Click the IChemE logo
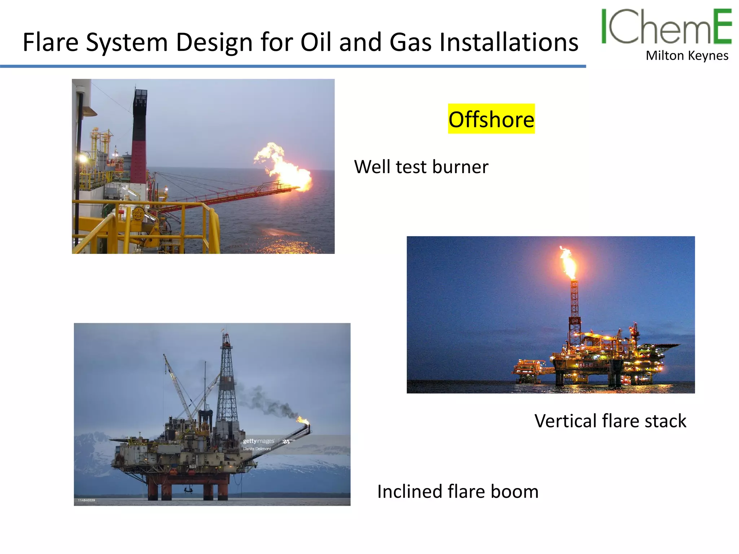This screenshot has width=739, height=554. (666, 27)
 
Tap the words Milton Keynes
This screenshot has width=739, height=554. (687, 56)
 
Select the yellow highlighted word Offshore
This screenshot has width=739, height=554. (491, 119)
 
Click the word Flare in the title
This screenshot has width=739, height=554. (51, 42)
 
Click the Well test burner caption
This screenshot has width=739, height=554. (421, 167)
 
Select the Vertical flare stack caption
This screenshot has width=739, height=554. (610, 421)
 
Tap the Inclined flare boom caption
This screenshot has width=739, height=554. (458, 492)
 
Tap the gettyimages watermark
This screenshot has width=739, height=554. (258, 441)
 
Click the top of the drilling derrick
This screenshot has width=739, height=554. (226, 337)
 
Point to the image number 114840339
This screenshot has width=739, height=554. (87, 500)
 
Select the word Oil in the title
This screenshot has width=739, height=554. (316, 42)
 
